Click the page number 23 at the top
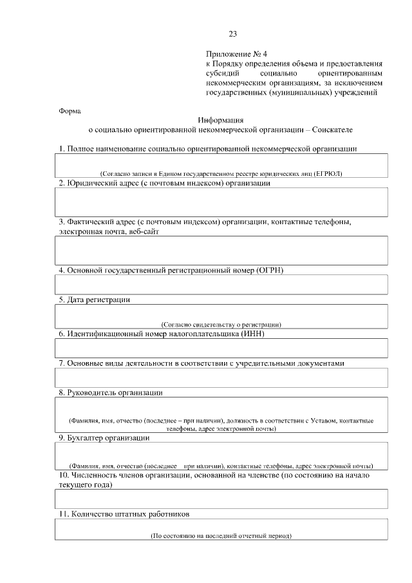tap(232, 34)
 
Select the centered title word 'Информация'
tap(221, 119)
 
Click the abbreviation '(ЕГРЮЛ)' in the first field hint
tap(328, 174)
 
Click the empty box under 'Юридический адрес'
tap(221, 202)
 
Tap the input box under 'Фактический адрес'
tap(221, 251)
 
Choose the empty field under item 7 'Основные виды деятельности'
tap(221, 378)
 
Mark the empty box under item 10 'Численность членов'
tap(221, 499)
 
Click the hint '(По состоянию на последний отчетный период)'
tap(221, 535)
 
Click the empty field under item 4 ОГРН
tap(221, 284)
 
